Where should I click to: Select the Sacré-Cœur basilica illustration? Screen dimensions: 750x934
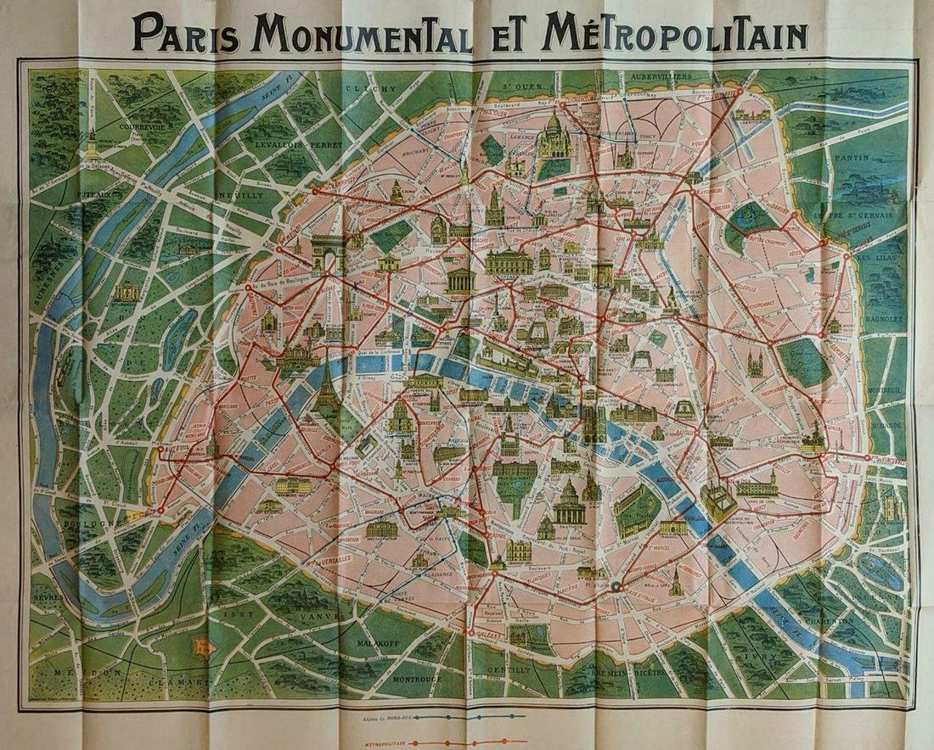(x=553, y=136)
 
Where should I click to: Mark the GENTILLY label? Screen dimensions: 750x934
(x=509, y=669)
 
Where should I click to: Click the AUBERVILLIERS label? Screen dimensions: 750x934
(x=659, y=76)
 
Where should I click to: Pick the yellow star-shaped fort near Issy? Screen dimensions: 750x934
(x=203, y=646)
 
